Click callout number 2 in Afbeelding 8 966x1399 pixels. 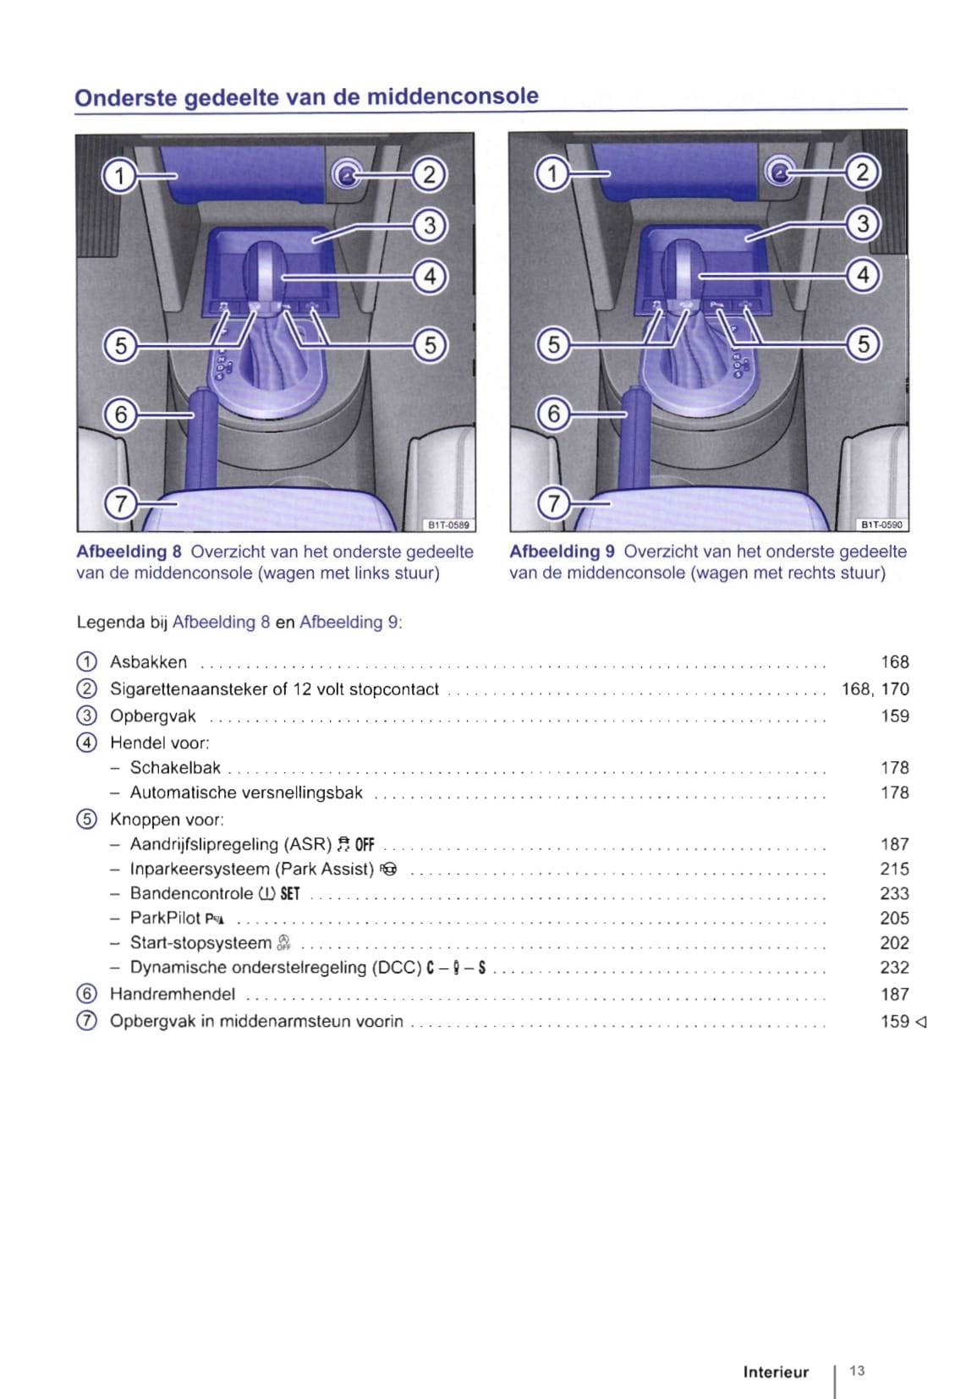(x=430, y=175)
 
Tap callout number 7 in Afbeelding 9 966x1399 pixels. (x=553, y=503)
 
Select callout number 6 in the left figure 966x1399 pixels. (x=120, y=414)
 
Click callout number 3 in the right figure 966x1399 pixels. (x=863, y=224)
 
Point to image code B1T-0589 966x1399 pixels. (x=448, y=525)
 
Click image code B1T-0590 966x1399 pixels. (x=881, y=525)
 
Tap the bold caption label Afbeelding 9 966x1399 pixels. (x=562, y=551)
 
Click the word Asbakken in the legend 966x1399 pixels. (x=148, y=662)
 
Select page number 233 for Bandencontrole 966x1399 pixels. (x=894, y=893)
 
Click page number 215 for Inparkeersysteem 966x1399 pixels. (x=894, y=869)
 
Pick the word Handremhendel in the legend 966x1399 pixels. (x=173, y=994)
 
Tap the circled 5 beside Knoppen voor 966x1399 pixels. (x=86, y=820)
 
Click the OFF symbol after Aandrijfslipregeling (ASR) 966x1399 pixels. (x=365, y=845)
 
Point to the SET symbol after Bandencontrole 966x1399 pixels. (x=290, y=894)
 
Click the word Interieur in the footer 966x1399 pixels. (x=776, y=1372)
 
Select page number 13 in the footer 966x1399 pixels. (x=857, y=1371)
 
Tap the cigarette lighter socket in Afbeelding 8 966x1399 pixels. (x=346, y=175)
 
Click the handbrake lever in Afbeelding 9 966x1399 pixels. (x=635, y=436)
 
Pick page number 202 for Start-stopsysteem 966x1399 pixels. (x=894, y=943)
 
